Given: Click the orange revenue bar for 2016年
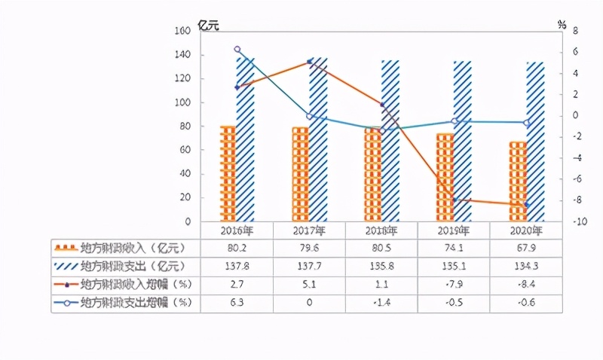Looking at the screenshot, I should pos(228,174).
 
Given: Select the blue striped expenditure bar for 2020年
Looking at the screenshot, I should pos(535,142).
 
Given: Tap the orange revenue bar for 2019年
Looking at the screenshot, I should pos(445,178).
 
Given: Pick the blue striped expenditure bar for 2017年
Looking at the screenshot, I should pos(318,140).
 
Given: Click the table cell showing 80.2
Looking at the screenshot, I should pos(236,247).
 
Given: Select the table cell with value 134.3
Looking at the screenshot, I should pos(526,266).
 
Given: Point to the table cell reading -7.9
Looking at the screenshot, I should pos(454,284).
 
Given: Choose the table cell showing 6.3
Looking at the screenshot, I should pos(236,303).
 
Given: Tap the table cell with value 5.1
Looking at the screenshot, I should pos(308,284).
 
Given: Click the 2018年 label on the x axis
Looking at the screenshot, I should pos(381,230).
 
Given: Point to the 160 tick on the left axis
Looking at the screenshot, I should pos(182,31).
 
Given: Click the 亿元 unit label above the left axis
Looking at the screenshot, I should pos(208,24).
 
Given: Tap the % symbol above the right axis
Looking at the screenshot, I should pos(562,24).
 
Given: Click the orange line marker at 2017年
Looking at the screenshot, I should pos(309,63).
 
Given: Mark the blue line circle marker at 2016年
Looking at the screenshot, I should pos(237,50).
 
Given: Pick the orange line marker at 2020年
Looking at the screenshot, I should pos(526,205).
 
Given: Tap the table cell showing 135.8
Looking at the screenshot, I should pos(381,266).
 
